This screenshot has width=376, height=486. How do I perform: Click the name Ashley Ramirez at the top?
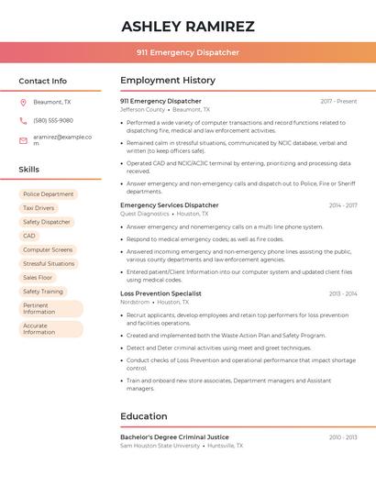(x=188, y=27)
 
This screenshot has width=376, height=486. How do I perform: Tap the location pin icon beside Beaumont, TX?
(x=23, y=103)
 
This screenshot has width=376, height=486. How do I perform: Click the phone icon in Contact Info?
(x=23, y=121)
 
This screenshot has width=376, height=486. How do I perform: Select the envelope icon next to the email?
(x=23, y=140)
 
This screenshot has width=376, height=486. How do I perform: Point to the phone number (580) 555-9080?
(x=53, y=121)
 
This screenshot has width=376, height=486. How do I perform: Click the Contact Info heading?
(x=43, y=81)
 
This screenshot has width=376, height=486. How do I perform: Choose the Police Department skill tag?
(x=49, y=194)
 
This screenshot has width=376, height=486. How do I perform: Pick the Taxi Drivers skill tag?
(x=39, y=208)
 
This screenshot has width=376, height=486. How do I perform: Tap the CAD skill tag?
(x=29, y=236)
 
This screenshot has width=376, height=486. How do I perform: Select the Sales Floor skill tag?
(x=38, y=277)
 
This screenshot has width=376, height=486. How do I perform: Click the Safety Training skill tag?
(x=43, y=292)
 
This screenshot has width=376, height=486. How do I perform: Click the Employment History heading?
(x=168, y=81)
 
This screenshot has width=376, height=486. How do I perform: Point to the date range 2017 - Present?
(x=338, y=101)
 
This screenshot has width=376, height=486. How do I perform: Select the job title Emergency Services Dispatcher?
(x=170, y=205)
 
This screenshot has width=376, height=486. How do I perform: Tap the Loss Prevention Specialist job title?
(x=160, y=293)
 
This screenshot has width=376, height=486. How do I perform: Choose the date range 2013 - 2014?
(x=343, y=293)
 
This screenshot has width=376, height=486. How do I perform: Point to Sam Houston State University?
(x=160, y=446)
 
